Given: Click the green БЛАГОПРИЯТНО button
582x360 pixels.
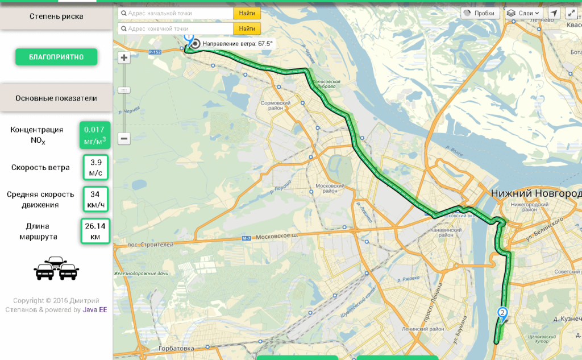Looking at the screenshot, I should click(x=56, y=57).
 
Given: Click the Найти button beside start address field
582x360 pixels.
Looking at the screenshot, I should click(x=247, y=13).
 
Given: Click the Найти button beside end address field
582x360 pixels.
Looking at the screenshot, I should click(x=247, y=28).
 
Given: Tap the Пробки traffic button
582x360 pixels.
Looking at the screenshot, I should click(x=480, y=13).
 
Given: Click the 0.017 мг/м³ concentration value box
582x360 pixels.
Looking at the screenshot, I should click(x=95, y=135).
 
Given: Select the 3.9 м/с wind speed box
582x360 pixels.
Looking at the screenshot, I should click(x=95, y=167).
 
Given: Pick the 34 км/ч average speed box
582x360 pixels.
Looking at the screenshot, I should click(x=95, y=199).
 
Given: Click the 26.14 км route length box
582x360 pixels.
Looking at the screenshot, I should click(x=95, y=231).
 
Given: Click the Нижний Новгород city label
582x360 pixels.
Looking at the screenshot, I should click(x=536, y=194).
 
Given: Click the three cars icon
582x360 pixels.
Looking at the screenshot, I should click(x=56, y=268).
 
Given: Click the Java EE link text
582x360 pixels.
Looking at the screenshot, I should click(x=95, y=310).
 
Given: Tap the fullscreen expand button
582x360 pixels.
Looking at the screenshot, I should click(x=572, y=13).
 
